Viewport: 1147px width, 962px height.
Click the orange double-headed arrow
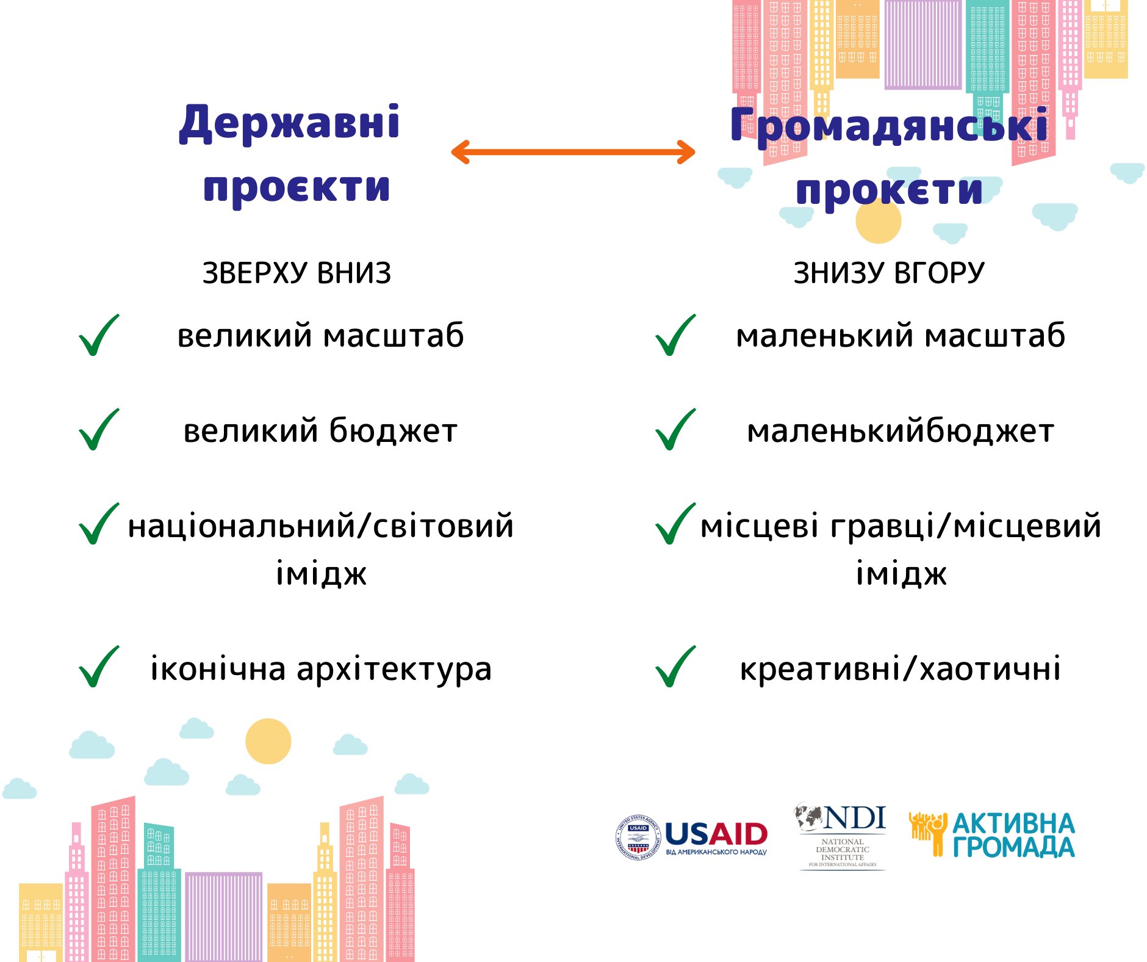[573, 152]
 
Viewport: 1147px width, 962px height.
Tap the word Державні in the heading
[290, 124]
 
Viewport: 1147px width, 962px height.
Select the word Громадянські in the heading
[889, 125]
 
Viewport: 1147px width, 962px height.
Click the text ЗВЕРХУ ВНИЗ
[297, 273]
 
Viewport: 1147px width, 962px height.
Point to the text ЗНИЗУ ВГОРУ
[889, 273]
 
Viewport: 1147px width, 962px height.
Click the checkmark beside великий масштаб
[99, 335]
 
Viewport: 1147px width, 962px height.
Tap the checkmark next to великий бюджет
[99, 430]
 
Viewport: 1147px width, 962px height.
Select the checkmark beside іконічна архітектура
[99, 667]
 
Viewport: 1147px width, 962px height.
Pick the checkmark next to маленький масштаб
[675, 335]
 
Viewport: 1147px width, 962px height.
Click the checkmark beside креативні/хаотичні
[675, 667]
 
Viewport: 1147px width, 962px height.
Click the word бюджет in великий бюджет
[394, 430]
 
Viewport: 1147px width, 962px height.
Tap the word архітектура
[394, 670]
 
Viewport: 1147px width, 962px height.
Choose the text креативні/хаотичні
[901, 669]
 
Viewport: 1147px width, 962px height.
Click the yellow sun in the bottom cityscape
[268, 741]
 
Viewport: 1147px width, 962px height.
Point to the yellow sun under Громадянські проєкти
[879, 221]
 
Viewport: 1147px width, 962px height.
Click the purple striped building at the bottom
[223, 917]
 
